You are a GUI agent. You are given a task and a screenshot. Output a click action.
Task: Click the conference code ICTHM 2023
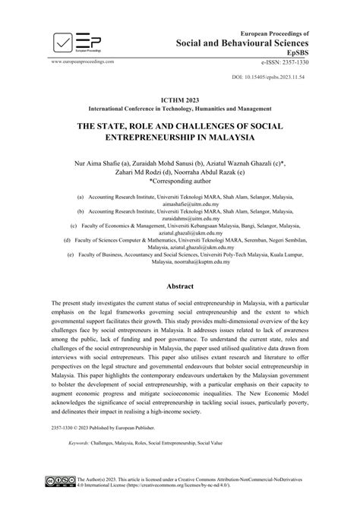click(x=179, y=100)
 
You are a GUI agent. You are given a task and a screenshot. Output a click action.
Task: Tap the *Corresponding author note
click(x=180, y=183)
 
